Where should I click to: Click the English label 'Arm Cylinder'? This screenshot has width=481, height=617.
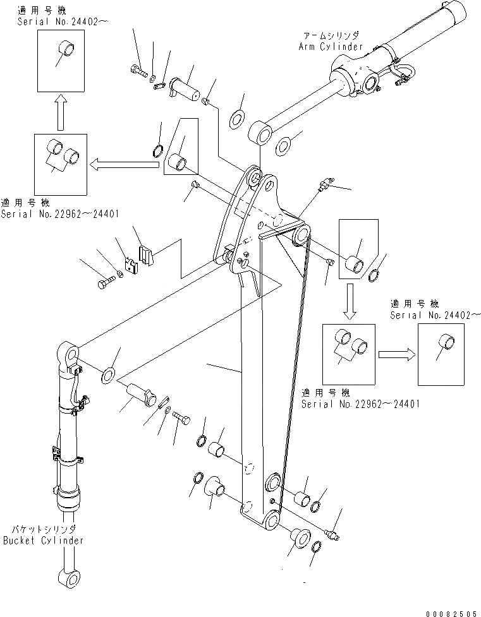331,46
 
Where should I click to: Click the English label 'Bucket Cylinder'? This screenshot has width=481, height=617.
43,541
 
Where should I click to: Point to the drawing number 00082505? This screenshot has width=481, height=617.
453,613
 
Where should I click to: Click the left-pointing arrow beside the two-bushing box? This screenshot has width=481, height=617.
123,165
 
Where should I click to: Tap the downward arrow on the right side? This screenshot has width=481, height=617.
351,301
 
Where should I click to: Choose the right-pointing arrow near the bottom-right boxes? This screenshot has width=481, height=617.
396,354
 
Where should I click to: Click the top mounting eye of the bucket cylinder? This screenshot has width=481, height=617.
69,351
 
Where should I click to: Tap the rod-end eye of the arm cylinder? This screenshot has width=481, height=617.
260,133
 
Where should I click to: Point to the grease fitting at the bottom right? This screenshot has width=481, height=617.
331,534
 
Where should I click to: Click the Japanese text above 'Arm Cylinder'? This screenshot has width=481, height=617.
330,36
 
